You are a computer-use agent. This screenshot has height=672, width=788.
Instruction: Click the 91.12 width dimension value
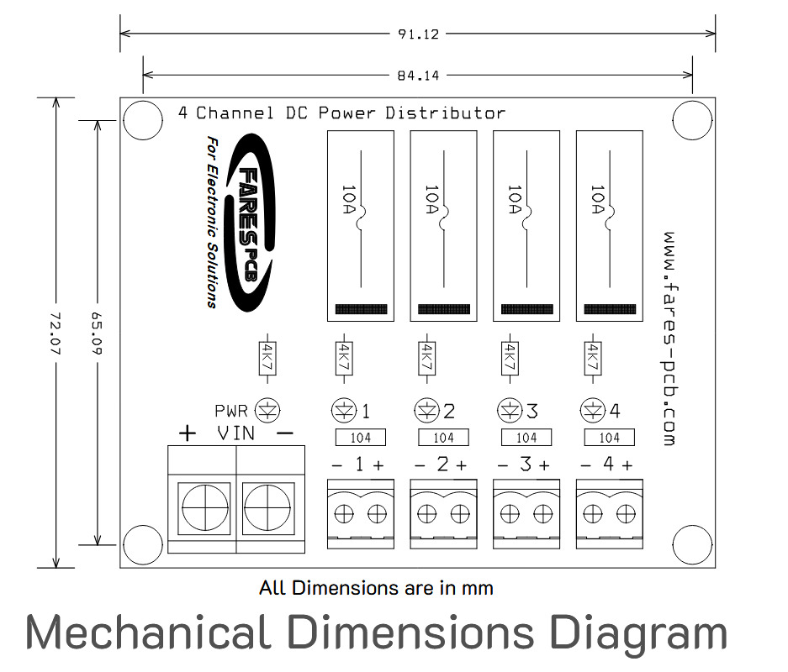click(x=419, y=34)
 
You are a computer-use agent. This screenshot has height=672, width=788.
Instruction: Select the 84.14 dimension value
click(x=418, y=76)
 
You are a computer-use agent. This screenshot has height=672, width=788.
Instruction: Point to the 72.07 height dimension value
click(x=56, y=333)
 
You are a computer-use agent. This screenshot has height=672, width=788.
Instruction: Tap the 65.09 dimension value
click(x=97, y=333)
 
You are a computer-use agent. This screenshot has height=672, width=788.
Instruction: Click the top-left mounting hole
click(x=143, y=120)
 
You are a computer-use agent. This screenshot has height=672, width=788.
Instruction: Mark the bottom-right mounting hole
click(x=692, y=544)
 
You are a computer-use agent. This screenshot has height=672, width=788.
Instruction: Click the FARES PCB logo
click(x=250, y=223)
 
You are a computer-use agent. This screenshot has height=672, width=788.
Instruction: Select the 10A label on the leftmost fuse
click(x=348, y=199)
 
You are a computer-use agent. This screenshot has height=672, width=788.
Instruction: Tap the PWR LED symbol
click(x=267, y=411)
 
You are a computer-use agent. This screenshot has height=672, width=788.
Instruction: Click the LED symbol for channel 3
click(x=510, y=411)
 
